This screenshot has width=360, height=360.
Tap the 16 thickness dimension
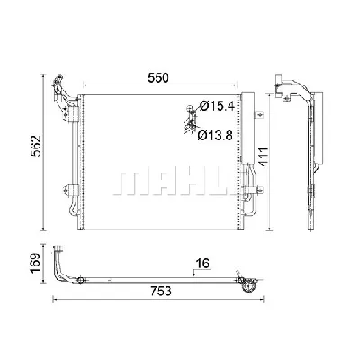coord(203,264)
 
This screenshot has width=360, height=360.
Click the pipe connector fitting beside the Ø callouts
coord(190,119)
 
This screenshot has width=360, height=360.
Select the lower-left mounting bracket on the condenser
coord(68,192)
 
